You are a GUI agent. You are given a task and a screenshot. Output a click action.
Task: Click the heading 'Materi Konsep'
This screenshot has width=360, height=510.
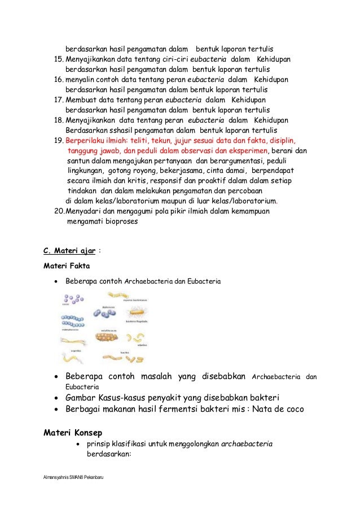pos(73,434)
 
